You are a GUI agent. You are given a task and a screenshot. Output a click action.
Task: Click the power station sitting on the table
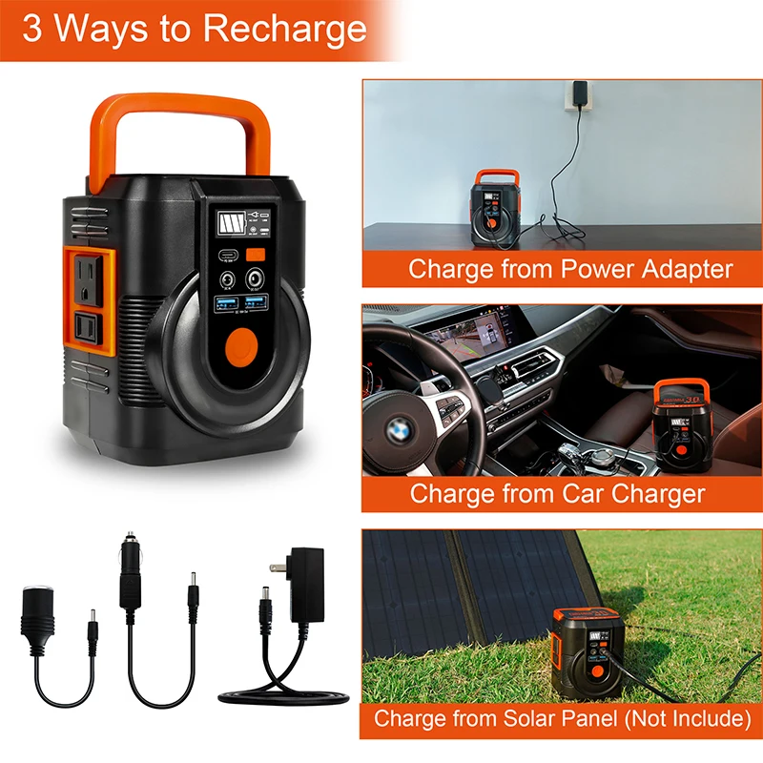click(497, 201)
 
